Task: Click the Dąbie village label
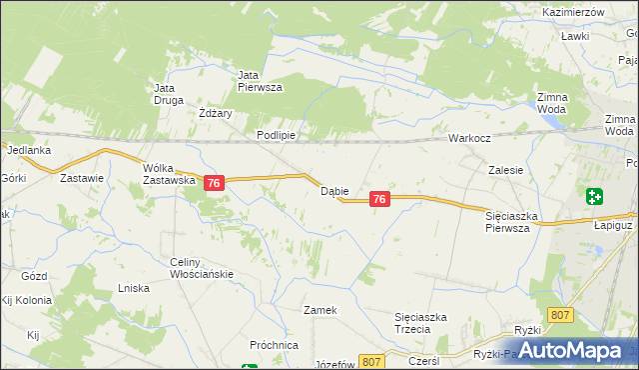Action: click(333, 190)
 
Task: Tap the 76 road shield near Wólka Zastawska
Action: click(214, 183)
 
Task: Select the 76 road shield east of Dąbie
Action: click(378, 200)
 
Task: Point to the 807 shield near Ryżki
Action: click(561, 316)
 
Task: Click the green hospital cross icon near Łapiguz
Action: click(595, 196)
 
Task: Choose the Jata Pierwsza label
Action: click(261, 81)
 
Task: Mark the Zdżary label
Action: click(215, 114)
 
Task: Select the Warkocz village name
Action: click(467, 138)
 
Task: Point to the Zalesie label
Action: click(506, 170)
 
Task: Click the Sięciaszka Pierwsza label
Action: click(512, 221)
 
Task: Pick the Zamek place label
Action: click(320, 310)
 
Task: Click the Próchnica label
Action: click(275, 345)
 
